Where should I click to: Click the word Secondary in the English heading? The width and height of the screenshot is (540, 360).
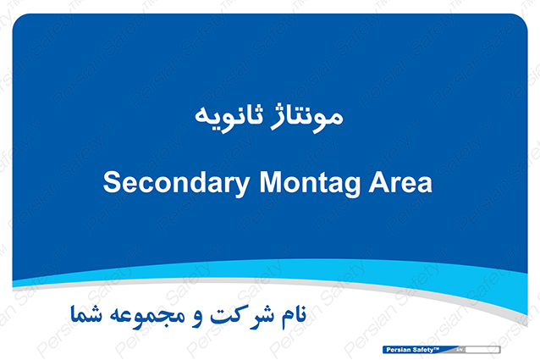[176, 184]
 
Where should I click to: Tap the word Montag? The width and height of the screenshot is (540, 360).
[310, 184]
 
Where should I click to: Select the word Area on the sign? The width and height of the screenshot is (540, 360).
[400, 182]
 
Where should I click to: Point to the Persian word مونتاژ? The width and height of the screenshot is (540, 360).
[307, 118]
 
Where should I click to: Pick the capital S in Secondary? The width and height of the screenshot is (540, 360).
[112, 182]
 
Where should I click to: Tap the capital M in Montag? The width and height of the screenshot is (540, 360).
[272, 182]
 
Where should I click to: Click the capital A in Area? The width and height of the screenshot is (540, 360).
[379, 182]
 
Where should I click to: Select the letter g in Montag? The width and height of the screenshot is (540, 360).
[352, 187]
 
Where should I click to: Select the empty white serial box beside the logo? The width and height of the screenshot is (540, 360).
[482, 350]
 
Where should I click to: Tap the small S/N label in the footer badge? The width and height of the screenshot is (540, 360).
[460, 350]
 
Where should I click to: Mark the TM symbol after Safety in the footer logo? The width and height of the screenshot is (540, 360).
[437, 348]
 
